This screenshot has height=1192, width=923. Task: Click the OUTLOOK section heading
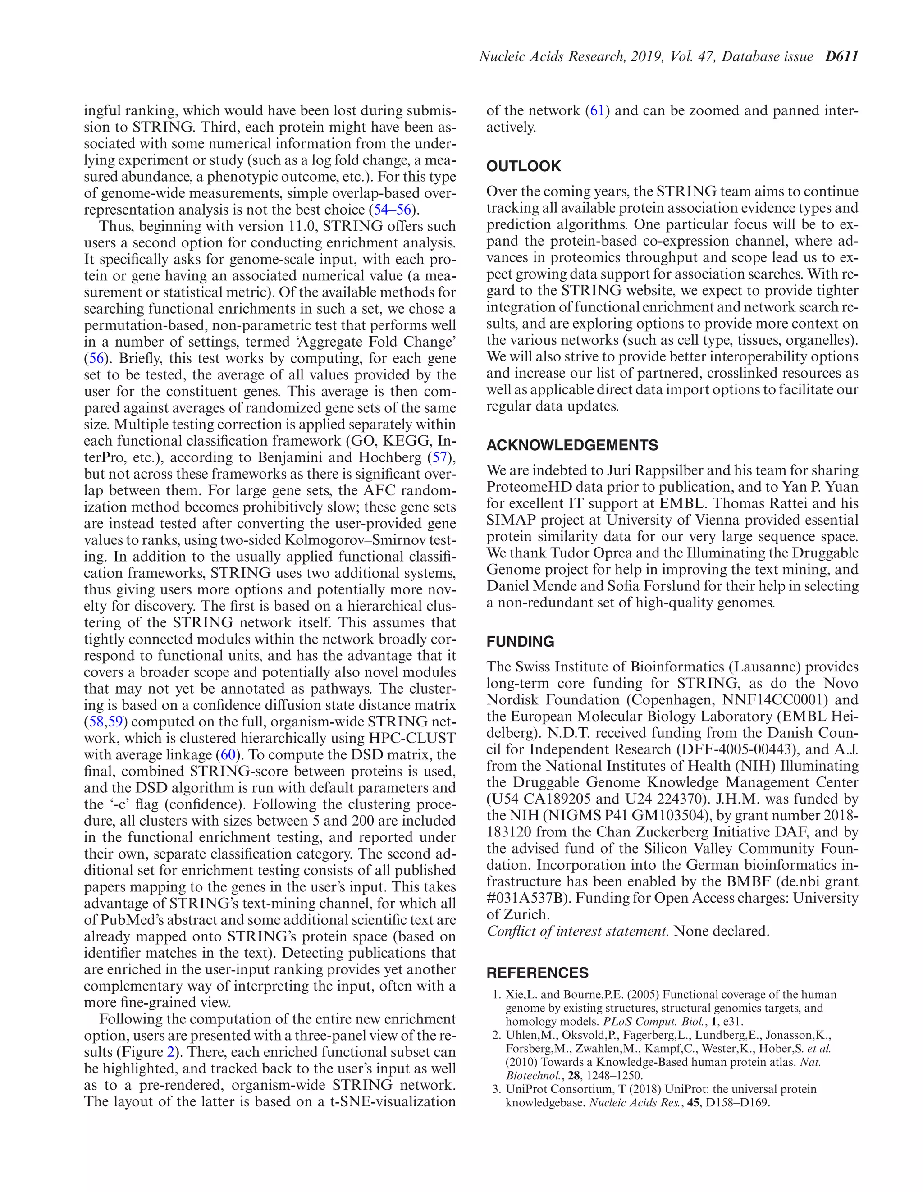523,166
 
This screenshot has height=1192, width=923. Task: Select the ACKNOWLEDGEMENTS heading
572,445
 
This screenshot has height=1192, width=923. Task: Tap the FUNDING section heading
520,641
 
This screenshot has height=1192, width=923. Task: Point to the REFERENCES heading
537,973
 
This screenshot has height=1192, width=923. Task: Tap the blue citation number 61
597,111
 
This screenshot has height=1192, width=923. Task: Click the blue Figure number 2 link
171,1052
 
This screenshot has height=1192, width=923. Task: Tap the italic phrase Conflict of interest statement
577,931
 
